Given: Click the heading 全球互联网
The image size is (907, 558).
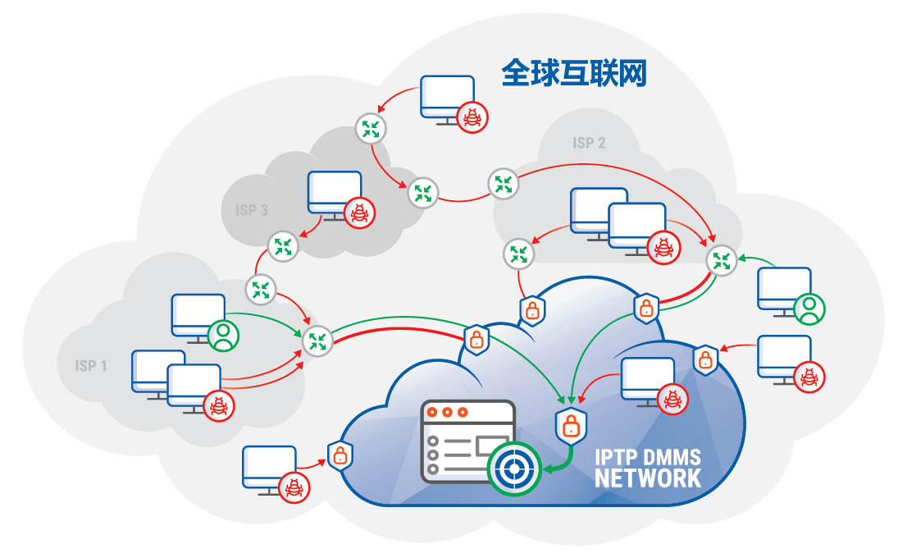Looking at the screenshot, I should (574, 73).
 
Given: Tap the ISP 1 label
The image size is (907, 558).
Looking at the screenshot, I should (91, 365).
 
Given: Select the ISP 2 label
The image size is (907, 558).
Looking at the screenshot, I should (589, 143).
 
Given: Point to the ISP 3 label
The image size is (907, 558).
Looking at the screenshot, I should (252, 210).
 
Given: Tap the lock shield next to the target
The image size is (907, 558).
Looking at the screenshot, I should (570, 424).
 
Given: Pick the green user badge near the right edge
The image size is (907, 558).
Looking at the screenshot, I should (809, 309).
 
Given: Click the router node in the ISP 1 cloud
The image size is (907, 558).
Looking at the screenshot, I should (317, 341).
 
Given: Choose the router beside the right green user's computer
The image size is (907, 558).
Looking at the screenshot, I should (722, 261).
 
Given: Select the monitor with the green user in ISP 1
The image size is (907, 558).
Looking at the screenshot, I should (198, 314).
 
